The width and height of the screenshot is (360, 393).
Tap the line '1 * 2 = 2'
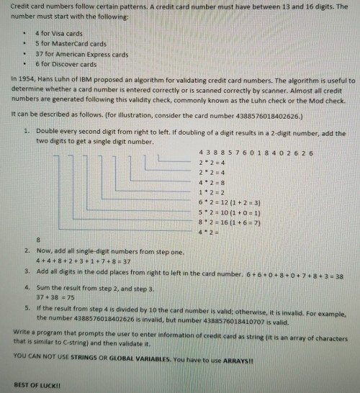coord(213,193)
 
